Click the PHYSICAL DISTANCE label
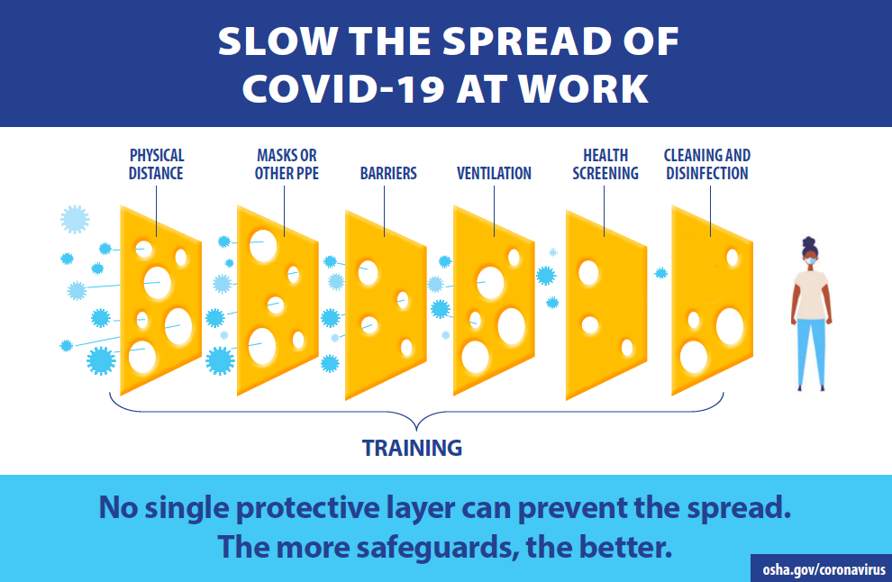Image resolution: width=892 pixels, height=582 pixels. (x=156, y=164)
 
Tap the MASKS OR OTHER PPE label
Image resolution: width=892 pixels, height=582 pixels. (x=287, y=164)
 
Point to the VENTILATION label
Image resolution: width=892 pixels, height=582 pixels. (x=494, y=173)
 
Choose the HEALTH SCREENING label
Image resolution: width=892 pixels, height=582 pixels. (x=605, y=164)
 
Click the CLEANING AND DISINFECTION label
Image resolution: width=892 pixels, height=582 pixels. (x=707, y=164)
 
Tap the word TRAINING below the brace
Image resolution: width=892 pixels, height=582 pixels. (x=412, y=448)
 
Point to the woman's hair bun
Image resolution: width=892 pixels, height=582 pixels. (x=809, y=241)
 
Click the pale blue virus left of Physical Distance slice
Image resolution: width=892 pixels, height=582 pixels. (x=75, y=219)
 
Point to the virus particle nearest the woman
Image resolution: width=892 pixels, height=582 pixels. (x=660, y=273)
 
